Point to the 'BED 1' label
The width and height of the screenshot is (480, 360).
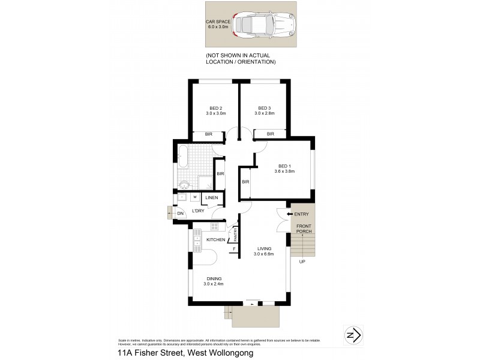click(x=284, y=166)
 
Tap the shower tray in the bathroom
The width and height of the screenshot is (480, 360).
click(x=206, y=183)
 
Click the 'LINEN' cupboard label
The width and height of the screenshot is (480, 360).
click(x=212, y=198)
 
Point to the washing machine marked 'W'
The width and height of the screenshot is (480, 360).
click(x=195, y=197)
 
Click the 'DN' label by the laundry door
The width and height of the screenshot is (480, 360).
click(x=180, y=214)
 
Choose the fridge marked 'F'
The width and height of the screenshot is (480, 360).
click(x=233, y=248)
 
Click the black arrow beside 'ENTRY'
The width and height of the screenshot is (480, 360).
click(x=289, y=214)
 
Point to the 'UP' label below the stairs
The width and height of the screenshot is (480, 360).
click(x=302, y=262)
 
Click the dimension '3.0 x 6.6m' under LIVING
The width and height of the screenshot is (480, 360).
click(x=264, y=254)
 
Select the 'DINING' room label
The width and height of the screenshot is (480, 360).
click(x=213, y=278)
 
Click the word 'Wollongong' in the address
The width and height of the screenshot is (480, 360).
click(x=229, y=353)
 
